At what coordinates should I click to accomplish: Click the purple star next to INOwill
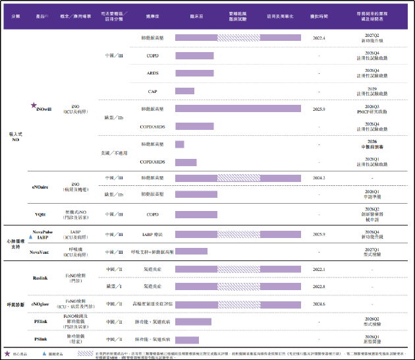pyautogui.click(x=34, y=105)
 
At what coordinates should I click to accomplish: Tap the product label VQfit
pyautogui.click(x=41, y=214)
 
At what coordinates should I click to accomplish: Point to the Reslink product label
pyautogui.click(x=41, y=278)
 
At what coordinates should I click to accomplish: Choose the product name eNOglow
pyautogui.click(x=41, y=304)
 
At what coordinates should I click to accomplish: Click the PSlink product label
pyautogui.click(x=41, y=338)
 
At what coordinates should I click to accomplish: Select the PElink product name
pyautogui.click(x=41, y=321)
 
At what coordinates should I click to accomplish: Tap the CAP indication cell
pyautogui.click(x=152, y=91)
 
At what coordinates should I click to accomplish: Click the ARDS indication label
pyautogui.click(x=152, y=73)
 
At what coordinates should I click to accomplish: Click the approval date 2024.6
pyautogui.click(x=319, y=304)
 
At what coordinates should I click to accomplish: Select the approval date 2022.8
pyautogui.click(x=319, y=287)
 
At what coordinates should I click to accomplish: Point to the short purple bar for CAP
pyautogui.click(x=184, y=91)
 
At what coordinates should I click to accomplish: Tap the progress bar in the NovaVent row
pyautogui.click(x=192, y=252)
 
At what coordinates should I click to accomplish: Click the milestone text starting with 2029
pyautogui.click(x=372, y=91)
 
